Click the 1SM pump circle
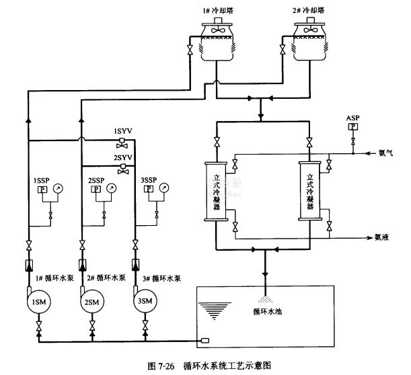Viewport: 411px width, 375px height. click(x=36, y=302)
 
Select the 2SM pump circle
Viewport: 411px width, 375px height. click(x=91, y=302)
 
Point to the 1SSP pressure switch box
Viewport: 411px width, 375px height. click(x=41, y=191)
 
